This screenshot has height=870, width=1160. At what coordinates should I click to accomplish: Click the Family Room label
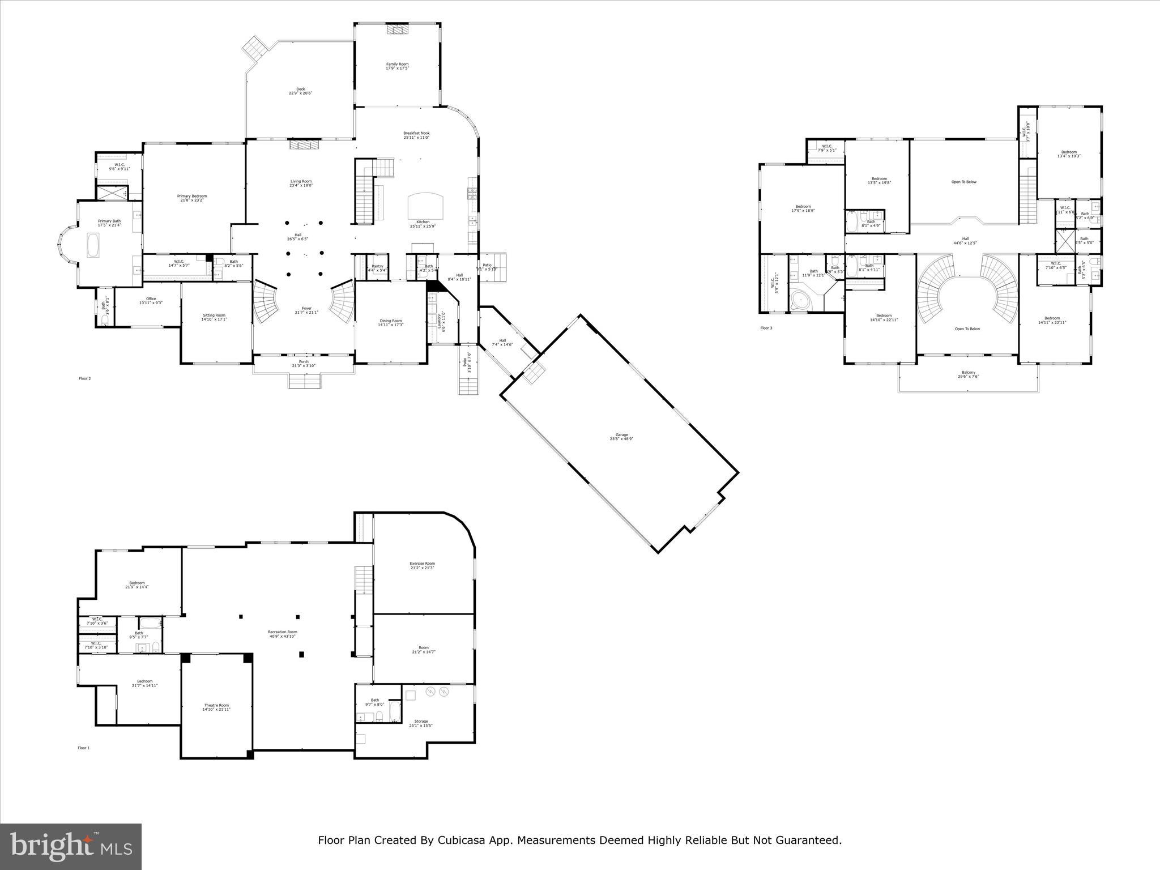(x=397, y=64)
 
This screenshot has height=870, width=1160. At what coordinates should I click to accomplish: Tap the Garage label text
(x=622, y=435)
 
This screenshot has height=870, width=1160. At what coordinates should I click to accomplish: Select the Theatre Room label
(x=216, y=705)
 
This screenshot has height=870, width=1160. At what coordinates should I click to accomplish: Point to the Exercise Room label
(x=422, y=564)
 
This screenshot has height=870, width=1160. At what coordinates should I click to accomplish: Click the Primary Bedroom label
(x=192, y=196)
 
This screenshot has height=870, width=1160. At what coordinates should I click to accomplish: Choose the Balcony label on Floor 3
(x=968, y=373)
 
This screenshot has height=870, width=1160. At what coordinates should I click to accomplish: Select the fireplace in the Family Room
(x=398, y=30)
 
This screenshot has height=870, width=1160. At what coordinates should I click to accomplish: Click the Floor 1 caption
(x=83, y=748)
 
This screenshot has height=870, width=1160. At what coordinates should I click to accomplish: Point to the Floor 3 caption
(x=766, y=329)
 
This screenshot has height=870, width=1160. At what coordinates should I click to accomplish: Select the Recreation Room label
(x=282, y=632)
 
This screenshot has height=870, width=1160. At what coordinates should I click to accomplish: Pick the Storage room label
(x=421, y=722)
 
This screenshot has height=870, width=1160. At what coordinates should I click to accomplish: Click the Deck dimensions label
(x=301, y=93)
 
